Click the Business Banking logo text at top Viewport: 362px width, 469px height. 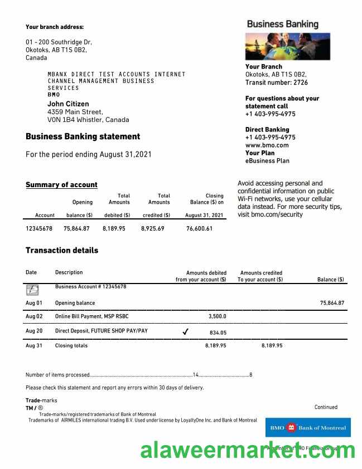coord(282,24)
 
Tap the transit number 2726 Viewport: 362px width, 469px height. coord(300,82)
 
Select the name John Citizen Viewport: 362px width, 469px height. coord(68,104)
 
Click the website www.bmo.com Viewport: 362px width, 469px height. coord(267,145)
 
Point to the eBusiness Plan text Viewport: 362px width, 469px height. coord(267,160)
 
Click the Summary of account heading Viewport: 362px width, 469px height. coord(61,185)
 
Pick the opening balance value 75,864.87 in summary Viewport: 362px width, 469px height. coord(76,228)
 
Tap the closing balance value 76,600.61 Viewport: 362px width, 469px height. coord(199,228)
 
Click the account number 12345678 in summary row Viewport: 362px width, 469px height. coord(39,228)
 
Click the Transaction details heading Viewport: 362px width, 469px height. coord(62,251)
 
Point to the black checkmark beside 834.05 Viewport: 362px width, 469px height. coord(185,332)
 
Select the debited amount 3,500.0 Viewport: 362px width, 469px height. coord(217,316)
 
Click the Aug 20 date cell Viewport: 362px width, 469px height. coord(34,331)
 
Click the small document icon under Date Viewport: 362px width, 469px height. coord(32,290)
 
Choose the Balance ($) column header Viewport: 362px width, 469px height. coord(330,280)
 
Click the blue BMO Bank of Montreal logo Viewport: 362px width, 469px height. coord(308,428)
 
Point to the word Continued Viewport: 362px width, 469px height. coord(326,407)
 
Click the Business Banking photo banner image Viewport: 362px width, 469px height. coord(287,46)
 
